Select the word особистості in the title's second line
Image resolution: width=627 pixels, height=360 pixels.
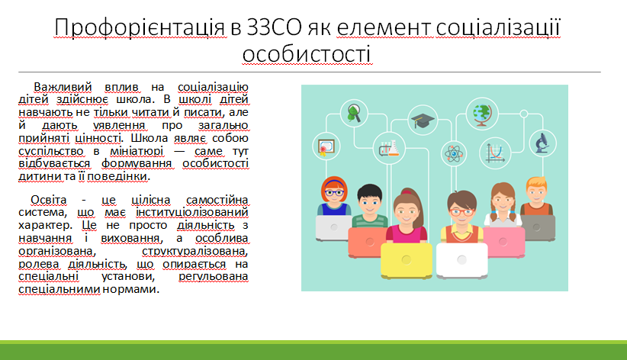coord(307,54)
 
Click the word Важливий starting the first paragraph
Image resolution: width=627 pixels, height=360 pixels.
coord(63,87)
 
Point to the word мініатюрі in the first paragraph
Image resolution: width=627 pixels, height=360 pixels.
coord(137,151)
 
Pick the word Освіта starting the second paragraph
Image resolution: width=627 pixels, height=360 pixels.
coord(48,200)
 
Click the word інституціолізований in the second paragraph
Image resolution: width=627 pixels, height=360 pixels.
coord(192,212)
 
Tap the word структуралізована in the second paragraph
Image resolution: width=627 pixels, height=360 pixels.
coord(195,251)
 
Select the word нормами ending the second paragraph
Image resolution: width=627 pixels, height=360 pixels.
coord(130,289)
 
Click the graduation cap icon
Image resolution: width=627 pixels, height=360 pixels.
coord(423,120)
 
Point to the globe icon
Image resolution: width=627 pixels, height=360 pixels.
coord(482,114)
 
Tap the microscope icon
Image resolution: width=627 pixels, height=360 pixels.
coord(542,143)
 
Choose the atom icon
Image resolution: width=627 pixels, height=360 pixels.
coord(454,153)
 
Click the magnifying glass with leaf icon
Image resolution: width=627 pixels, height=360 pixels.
coord(353,113)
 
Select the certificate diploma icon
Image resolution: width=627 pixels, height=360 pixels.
coord(326,146)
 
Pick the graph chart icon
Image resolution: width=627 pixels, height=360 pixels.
coord(495,153)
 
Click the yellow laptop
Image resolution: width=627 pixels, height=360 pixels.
coord(407,260)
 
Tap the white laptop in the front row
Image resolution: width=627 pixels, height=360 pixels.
coord(461,260)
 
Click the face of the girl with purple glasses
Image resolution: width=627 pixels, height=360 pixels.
coord(334,192)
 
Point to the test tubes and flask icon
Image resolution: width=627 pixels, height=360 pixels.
coord(389,149)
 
